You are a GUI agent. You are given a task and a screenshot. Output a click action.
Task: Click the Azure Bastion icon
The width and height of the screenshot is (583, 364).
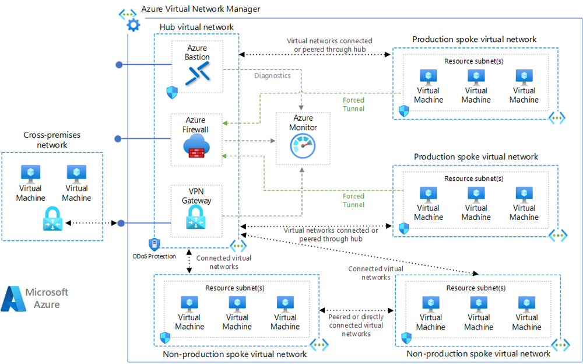click(x=197, y=75)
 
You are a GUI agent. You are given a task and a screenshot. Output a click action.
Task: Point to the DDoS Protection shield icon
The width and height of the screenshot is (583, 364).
click(x=154, y=244)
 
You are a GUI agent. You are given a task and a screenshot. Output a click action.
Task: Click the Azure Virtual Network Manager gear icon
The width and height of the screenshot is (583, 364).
click(x=133, y=25)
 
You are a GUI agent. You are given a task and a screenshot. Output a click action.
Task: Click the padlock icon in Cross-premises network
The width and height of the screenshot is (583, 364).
click(x=51, y=223)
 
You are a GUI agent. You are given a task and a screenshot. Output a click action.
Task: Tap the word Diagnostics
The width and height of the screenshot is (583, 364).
click(x=272, y=76)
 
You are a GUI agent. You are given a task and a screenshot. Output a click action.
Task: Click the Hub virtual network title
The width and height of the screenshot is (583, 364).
click(x=196, y=27)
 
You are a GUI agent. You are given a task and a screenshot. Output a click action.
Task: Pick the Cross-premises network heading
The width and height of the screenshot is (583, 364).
click(x=52, y=140)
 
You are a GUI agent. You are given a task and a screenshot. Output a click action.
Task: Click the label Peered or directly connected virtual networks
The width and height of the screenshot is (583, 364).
click(x=356, y=325)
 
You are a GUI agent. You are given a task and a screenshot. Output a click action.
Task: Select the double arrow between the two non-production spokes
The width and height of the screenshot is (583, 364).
click(x=357, y=311)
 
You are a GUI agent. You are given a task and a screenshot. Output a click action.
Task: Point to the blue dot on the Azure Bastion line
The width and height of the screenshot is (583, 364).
click(x=119, y=64)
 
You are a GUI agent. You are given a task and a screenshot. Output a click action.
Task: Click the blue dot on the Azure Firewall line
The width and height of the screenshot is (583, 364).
click(x=118, y=139)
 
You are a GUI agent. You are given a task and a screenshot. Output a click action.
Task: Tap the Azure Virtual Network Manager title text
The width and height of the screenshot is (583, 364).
click(x=201, y=9)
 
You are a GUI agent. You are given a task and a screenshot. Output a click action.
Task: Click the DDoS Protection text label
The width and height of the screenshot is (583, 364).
click(x=154, y=256)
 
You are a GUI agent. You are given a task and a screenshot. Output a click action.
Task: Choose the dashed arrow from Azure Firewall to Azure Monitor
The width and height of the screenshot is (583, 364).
click(x=250, y=141)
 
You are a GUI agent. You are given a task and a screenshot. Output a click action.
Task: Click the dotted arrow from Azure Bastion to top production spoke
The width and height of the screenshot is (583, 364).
click(x=315, y=54)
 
